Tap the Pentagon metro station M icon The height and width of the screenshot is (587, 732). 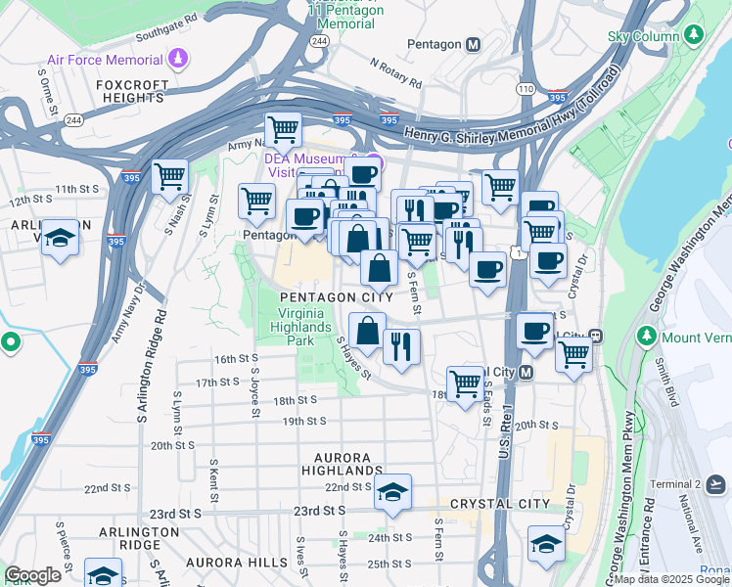[474, 44]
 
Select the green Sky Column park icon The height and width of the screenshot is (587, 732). [695, 36]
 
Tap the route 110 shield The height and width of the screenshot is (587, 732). [526, 88]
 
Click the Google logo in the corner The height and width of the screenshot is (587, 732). [32, 575]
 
